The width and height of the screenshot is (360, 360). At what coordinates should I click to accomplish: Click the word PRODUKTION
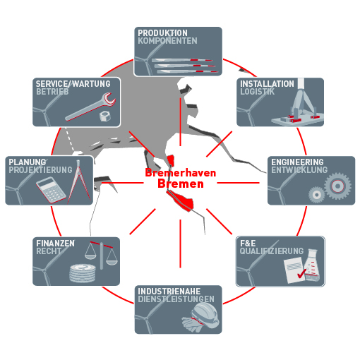[162, 33]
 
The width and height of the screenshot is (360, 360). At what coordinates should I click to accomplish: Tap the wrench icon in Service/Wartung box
[90, 107]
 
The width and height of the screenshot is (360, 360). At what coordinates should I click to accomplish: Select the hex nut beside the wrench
[104, 116]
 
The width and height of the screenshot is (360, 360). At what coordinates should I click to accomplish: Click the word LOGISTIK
[257, 92]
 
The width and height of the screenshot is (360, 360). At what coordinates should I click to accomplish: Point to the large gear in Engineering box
[337, 186]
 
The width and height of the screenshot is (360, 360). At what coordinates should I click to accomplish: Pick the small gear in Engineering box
[317, 195]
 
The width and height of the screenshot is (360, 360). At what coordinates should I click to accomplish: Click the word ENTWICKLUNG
[299, 170]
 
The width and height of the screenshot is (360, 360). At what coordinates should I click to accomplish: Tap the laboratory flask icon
[312, 265]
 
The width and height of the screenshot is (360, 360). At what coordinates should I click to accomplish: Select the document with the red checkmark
[295, 270]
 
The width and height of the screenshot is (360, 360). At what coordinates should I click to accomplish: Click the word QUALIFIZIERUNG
[272, 251]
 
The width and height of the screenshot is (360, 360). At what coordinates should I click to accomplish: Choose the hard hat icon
[205, 315]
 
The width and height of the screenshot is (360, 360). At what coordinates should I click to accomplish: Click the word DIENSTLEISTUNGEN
[176, 299]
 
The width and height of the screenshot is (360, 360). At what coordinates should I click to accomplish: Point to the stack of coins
[83, 273]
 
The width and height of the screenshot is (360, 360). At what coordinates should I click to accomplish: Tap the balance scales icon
[101, 255]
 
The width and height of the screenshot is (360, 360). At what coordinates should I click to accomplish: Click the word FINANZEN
[55, 244]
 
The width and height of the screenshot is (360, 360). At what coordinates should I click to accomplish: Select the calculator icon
[51, 190]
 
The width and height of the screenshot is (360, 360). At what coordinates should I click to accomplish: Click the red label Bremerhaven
[181, 173]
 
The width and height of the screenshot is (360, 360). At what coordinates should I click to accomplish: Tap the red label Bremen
[181, 184]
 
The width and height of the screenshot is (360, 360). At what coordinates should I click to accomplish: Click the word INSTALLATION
[267, 84]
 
